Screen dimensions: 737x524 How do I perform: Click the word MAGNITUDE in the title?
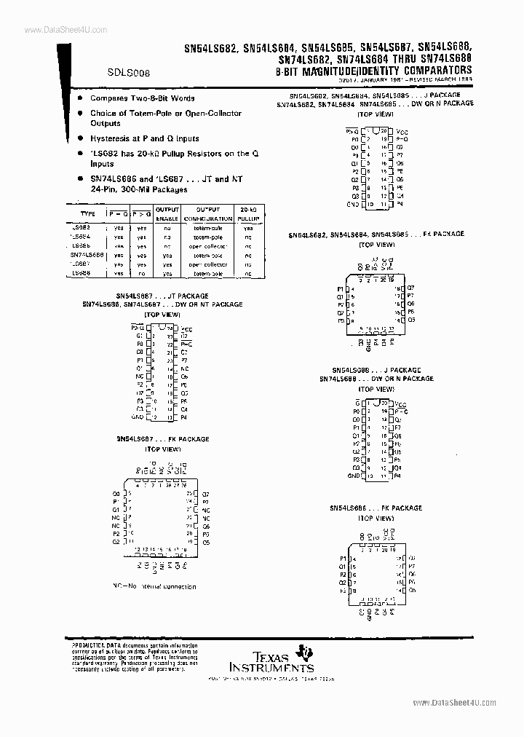tap(329, 71)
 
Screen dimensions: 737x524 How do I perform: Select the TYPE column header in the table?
tap(87, 213)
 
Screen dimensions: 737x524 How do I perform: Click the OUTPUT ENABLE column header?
tap(167, 214)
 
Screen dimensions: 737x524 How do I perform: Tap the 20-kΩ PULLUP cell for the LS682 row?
tap(249, 227)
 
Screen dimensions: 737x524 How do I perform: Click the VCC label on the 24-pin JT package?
tap(187, 328)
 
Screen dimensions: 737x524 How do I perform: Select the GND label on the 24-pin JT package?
tap(138, 417)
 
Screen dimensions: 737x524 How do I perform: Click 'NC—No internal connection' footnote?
tap(154, 586)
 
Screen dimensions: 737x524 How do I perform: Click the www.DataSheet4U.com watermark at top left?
tap(55, 30)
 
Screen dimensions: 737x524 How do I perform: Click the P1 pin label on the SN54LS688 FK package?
tap(342, 557)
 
